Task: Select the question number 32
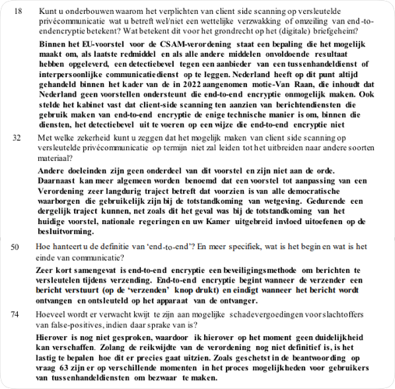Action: click(x=18, y=137)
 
